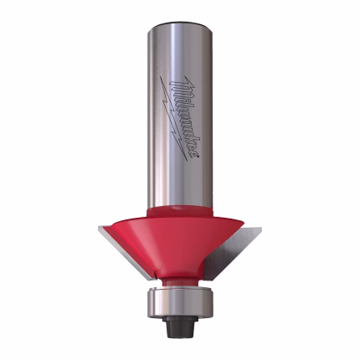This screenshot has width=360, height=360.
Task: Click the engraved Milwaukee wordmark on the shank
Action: pyautogui.click(x=184, y=116)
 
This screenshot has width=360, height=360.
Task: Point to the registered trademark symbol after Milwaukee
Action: pyautogui.click(x=198, y=157)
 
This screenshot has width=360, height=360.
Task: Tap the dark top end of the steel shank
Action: pyautogui.click(x=179, y=23)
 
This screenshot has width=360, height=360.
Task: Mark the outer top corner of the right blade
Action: pyautogui.click(x=261, y=228)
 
